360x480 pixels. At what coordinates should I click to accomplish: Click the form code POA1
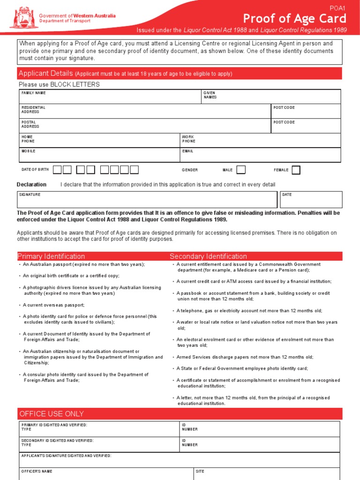pyautogui.click(x=337, y=8)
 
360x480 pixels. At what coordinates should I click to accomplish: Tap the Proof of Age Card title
pyautogui.click(x=294, y=19)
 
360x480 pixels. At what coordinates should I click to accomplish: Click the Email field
pyautogui.click(x=260, y=155)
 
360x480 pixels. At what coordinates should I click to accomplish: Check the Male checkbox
pyautogui.click(x=241, y=170)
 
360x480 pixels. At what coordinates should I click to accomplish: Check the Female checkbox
pyautogui.click(x=296, y=170)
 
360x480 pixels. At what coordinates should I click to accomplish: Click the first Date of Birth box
pyautogui.click(x=57, y=170)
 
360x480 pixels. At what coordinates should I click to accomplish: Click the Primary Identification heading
pyautogui.click(x=51, y=256)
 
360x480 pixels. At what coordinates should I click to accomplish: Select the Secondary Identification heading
pyautogui.click(x=208, y=256)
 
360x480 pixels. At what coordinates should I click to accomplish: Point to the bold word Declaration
pyautogui.click(x=31, y=185)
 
